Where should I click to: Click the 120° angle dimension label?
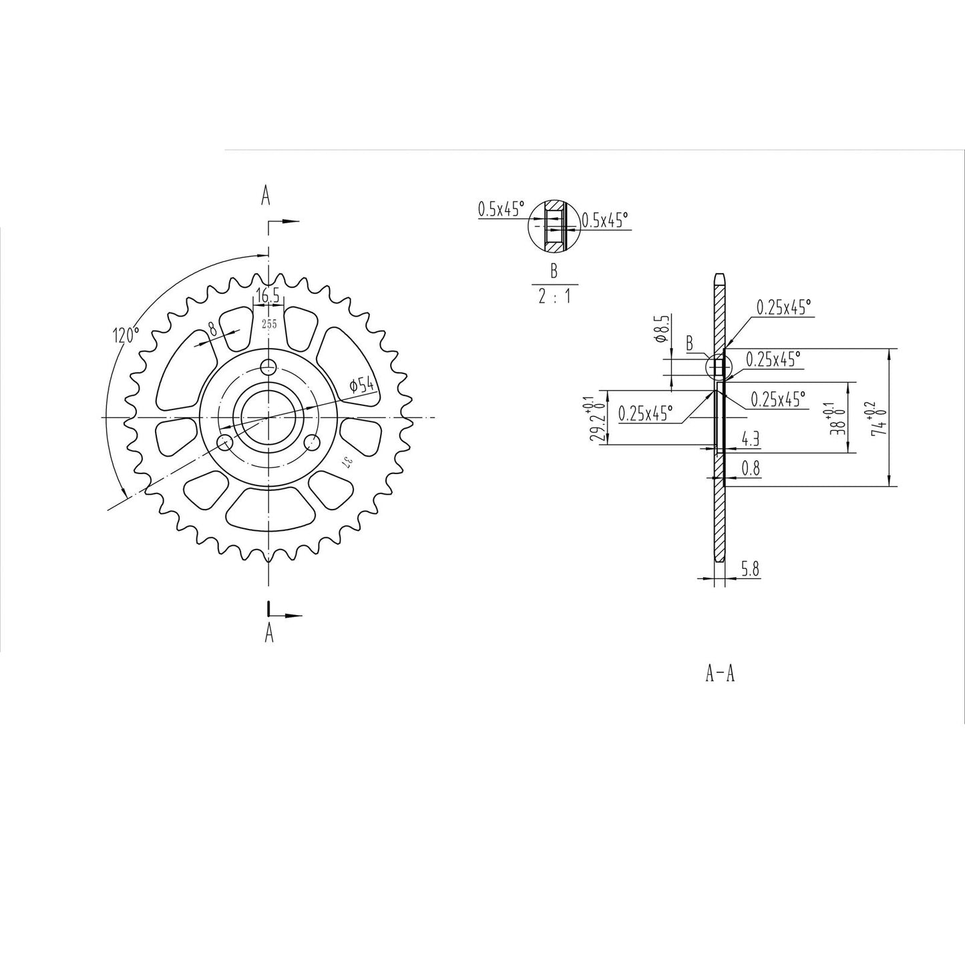click(x=126, y=335)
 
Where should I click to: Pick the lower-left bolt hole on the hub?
click(x=226, y=441)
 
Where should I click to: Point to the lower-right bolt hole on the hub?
click(x=311, y=442)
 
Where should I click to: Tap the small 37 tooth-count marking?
click(x=346, y=463)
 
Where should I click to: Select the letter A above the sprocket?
click(x=266, y=196)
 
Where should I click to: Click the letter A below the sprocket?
click(x=269, y=632)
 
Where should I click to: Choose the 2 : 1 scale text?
click(x=554, y=296)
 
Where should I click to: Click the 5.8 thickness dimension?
click(x=750, y=570)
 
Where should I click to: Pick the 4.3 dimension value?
click(x=751, y=439)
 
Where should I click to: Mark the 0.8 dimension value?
click(x=751, y=469)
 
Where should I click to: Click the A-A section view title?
click(x=720, y=674)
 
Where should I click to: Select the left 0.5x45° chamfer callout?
click(x=501, y=209)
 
